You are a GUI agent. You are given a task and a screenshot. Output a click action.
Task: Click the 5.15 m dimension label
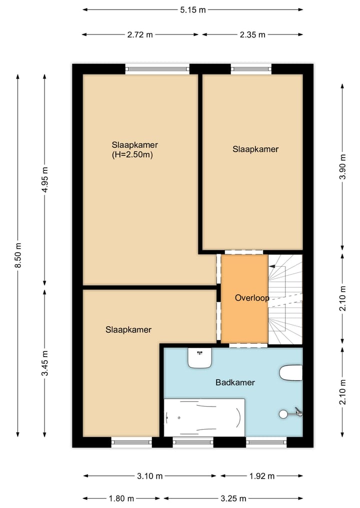[x=193, y=9]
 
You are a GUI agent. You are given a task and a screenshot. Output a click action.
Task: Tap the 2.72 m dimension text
[x=140, y=34]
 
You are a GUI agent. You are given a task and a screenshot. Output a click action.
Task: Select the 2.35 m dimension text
[x=252, y=34]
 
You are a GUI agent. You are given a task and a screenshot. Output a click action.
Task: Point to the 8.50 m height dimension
[x=18, y=255]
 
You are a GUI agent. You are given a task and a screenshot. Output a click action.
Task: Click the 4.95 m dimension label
[x=45, y=179]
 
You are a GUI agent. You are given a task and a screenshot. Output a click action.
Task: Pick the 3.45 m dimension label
[x=45, y=363]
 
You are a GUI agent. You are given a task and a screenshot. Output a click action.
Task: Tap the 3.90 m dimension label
[x=343, y=166]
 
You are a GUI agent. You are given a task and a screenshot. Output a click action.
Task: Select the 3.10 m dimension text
[x=149, y=476]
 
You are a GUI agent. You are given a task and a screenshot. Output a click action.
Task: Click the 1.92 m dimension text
[x=261, y=476]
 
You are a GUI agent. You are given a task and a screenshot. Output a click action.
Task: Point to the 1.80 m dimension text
[x=121, y=499]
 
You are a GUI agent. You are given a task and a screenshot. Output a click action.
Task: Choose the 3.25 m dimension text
[x=233, y=499]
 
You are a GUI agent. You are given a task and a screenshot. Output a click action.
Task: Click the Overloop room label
[x=252, y=298]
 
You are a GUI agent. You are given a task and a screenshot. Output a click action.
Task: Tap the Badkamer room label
[x=235, y=383]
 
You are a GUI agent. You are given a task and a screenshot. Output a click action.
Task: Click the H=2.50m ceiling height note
[x=132, y=155]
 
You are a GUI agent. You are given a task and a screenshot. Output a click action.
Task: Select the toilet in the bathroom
[x=291, y=373]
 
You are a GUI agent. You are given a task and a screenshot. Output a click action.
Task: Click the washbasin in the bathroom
[x=200, y=358]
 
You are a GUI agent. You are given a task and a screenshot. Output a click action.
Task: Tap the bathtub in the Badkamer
[x=204, y=418]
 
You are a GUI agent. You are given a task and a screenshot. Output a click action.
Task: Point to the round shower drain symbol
[x=283, y=414]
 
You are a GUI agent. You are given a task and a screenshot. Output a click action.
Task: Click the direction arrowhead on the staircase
[x=272, y=266]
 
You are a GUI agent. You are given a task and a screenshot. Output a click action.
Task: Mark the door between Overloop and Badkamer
[x=248, y=345]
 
